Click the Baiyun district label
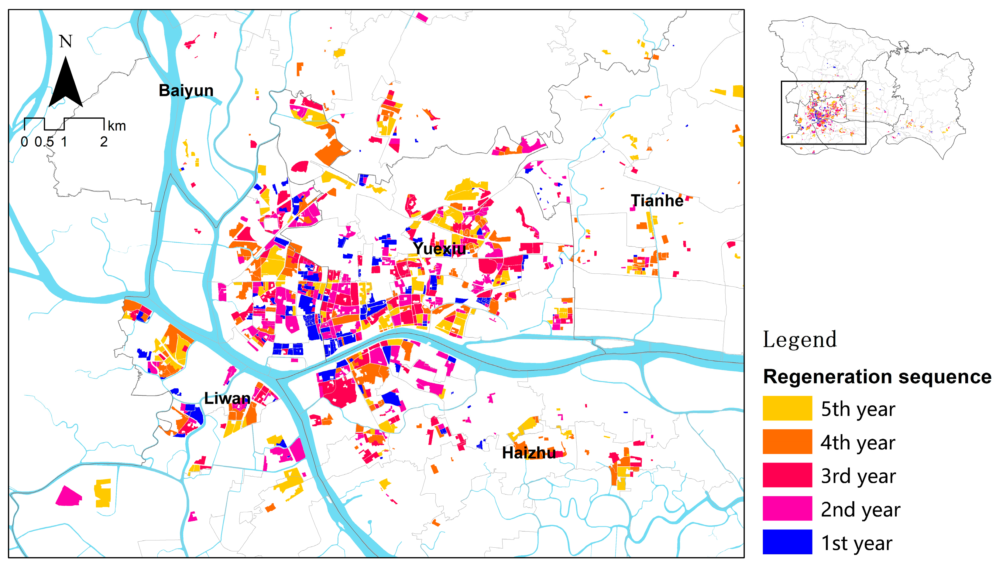(x=186, y=90)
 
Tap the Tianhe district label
(x=657, y=201)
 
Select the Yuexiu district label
(x=439, y=248)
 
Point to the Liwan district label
(x=227, y=398)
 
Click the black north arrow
(x=66, y=84)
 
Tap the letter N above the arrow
(x=66, y=41)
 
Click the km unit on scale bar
(x=117, y=126)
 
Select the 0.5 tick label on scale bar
(x=44, y=142)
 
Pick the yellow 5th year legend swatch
(x=787, y=408)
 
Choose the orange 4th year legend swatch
(x=787, y=441)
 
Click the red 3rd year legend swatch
(x=787, y=475)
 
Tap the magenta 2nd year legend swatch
(x=787, y=508)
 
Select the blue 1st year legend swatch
(x=787, y=542)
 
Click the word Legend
(x=799, y=340)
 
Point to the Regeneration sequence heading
(x=877, y=377)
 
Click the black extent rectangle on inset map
(x=823, y=82)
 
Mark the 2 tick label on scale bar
(x=104, y=142)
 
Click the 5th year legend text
(x=858, y=409)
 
